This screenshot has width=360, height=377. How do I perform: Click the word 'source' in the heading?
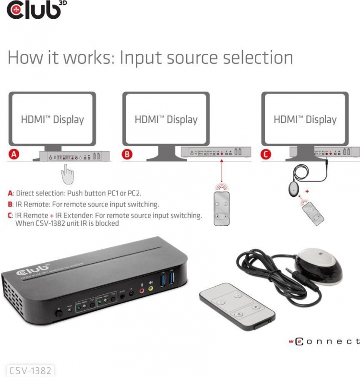pyautogui.click(x=192, y=58)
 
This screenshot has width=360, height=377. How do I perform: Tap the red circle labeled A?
pyautogui.click(x=14, y=155)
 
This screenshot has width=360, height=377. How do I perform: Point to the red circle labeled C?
pyautogui.click(x=265, y=155)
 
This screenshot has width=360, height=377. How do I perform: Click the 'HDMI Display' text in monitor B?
pyautogui.click(x=166, y=120)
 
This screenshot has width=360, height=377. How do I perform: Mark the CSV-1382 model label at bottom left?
pyautogui.click(x=30, y=370)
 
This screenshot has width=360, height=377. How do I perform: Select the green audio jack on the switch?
pyautogui.click(x=151, y=289)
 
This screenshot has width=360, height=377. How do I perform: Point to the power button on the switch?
pyautogui.click(x=60, y=314)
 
